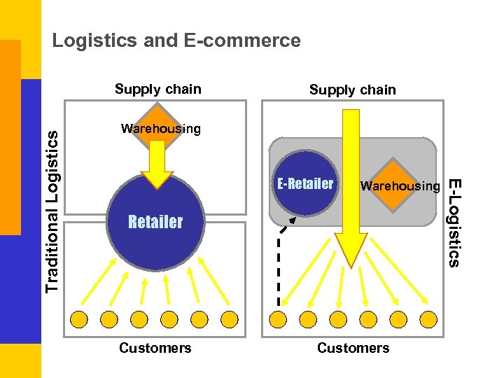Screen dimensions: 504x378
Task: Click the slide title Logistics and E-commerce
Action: (x=176, y=41)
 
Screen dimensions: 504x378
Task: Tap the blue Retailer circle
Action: (x=155, y=223)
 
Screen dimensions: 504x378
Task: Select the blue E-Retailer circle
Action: (x=305, y=183)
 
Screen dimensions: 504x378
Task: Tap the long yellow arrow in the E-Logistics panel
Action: (x=351, y=189)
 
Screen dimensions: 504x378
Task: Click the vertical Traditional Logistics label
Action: (x=52, y=211)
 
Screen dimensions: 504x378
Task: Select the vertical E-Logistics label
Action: (x=454, y=223)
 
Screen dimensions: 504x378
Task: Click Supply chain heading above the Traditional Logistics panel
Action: (x=158, y=89)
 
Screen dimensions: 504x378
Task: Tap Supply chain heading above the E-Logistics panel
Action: (x=353, y=90)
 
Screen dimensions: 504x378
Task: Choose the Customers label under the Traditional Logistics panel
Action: (x=155, y=348)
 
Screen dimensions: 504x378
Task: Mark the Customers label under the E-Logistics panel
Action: (x=353, y=348)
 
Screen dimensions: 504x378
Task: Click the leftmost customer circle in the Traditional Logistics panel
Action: (x=78, y=319)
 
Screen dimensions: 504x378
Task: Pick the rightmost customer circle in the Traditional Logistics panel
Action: (x=230, y=319)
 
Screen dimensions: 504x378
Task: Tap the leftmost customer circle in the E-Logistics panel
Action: (x=278, y=319)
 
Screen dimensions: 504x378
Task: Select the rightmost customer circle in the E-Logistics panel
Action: (x=428, y=319)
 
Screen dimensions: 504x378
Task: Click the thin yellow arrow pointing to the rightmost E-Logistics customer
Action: (x=399, y=271)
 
